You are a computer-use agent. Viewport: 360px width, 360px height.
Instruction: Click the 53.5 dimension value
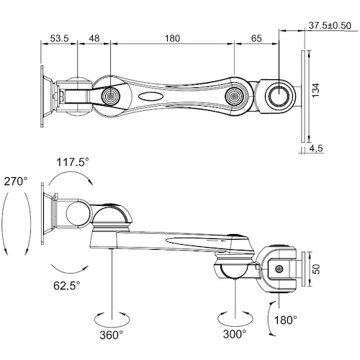(59, 38)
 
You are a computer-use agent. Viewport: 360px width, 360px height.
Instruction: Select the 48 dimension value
(94, 38)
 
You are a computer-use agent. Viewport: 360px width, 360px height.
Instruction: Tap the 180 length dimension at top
(172, 38)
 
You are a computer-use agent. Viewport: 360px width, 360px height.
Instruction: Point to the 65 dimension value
(256, 38)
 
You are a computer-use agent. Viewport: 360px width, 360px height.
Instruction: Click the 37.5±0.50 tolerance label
(330, 25)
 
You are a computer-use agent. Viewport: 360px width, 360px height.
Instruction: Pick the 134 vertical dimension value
(316, 90)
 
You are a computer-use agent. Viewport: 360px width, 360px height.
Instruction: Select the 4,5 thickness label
(316, 149)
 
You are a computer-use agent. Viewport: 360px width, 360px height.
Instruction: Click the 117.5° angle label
(73, 162)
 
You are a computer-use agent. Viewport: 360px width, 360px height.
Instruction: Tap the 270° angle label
(16, 181)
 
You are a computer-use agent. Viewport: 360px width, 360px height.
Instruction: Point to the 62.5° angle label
(67, 286)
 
